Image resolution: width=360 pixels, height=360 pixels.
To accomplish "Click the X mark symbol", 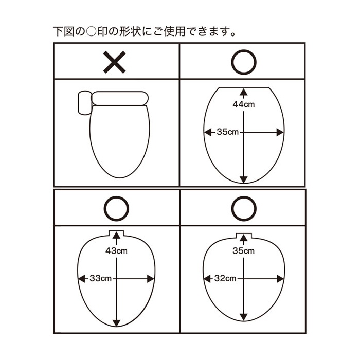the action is pos(114,62).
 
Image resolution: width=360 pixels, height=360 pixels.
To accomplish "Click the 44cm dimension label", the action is pos(244,104).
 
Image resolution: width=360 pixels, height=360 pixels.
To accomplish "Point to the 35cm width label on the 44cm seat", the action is pos(228,132).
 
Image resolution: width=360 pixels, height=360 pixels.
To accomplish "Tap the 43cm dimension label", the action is pos(116,251).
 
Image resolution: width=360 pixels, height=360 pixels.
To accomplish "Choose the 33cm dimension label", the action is pos(101,279).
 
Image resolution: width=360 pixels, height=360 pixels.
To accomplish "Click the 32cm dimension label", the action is pos(225,279).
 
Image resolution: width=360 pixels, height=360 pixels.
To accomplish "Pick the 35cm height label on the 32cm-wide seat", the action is pos(244,251).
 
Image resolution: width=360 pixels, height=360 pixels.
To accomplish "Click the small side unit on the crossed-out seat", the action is pos(84,103).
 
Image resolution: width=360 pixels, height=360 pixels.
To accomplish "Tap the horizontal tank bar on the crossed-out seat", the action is pos(120,99).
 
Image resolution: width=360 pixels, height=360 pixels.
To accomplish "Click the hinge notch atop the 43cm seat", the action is pos(116,233).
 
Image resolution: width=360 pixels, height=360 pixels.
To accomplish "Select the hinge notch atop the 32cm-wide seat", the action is pos(244,236).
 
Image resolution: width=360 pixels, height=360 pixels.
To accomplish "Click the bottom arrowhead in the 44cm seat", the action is pos(244,179).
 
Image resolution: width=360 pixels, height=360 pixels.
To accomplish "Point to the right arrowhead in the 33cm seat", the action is pos(151,279).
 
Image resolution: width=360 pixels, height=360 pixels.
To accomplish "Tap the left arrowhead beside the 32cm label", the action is pos(207,279).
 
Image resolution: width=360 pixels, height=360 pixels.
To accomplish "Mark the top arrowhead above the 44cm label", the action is pos(244,92).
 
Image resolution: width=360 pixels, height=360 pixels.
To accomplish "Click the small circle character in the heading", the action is pos(91,32).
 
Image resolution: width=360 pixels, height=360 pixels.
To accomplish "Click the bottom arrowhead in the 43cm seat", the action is pos(116,323).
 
